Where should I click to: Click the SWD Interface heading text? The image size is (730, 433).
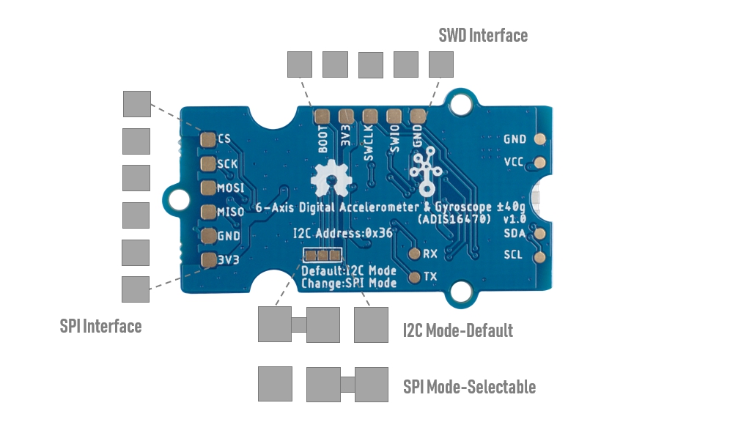pos(482,35)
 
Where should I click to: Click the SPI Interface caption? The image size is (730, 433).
pos(100,326)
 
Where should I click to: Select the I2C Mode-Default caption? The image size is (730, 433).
pos(457,330)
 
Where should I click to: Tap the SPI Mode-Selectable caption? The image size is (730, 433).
pos(469,386)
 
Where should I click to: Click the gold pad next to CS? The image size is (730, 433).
pos(207,139)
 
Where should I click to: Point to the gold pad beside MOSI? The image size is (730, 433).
pos(207,188)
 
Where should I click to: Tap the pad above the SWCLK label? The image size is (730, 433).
pos(369,116)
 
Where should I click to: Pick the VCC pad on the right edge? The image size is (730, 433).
pos(540,162)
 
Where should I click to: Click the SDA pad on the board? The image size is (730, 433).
pos(540,234)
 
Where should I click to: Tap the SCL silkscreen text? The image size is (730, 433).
pos(513,256)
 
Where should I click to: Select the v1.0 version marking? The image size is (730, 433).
pos(515,219)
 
